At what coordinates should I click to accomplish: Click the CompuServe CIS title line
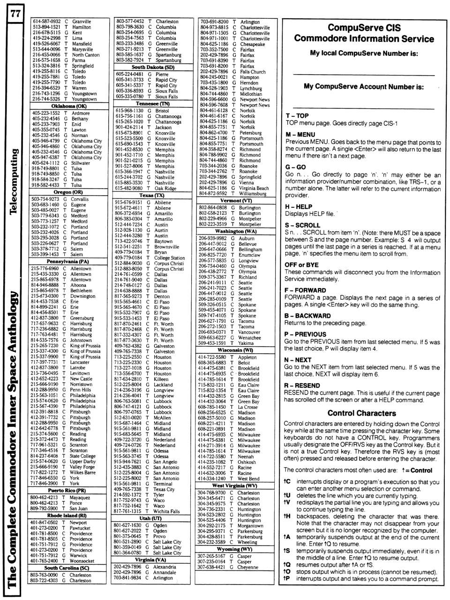[x=364, y=28]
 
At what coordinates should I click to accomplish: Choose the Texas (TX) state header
[x=152, y=195]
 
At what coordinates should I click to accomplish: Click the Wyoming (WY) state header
[x=228, y=549]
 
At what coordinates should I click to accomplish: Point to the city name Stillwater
[x=81, y=163]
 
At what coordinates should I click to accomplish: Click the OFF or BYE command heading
[x=301, y=265]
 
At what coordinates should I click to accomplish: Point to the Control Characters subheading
[x=361, y=413]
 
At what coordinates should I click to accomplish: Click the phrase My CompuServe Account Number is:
[x=363, y=86]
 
